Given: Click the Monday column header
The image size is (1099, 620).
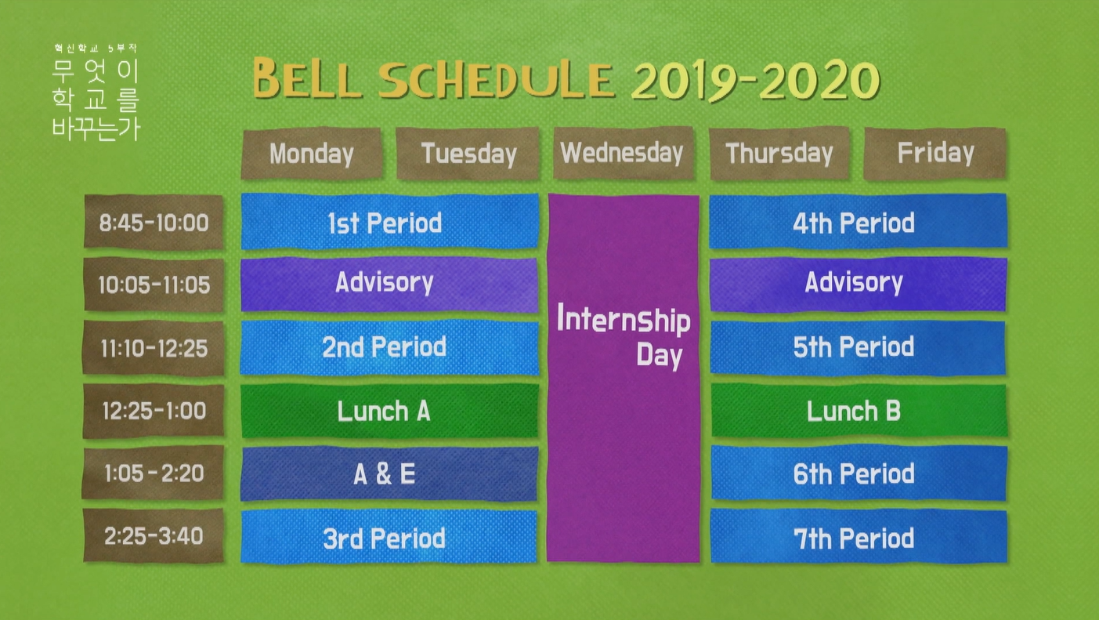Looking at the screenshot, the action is pos(312,153).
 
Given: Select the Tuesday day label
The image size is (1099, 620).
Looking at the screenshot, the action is pos(468,153).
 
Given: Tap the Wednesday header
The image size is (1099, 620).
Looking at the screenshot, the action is pos(623,153).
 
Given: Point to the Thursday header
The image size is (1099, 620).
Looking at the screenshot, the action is pos(779,153).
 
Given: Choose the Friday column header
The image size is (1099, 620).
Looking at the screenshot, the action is pos(935,153).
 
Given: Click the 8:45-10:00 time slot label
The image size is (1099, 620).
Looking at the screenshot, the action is pos(154,223).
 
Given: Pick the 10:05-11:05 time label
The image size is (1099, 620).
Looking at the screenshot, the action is pos(154,285).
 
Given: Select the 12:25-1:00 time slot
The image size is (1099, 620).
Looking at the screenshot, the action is pos(154,411).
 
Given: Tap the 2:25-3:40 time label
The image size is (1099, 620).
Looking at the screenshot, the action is pos(154,535).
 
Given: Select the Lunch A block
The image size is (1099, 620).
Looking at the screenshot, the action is pos(389,411).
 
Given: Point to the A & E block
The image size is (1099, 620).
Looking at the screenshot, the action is pos(389,473).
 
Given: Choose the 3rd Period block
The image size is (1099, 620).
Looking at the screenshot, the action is pos(389,537).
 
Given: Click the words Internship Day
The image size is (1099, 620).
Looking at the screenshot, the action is pos(624,335).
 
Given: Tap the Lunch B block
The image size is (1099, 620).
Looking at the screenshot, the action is pos(859,411).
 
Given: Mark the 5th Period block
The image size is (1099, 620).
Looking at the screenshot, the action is pos(858,348).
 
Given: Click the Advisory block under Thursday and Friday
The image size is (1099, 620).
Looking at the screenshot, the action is pos(858,285).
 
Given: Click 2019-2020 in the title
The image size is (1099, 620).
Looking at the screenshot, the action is pos(755,80).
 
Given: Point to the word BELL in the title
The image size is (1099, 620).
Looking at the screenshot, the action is pos(306,78).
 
